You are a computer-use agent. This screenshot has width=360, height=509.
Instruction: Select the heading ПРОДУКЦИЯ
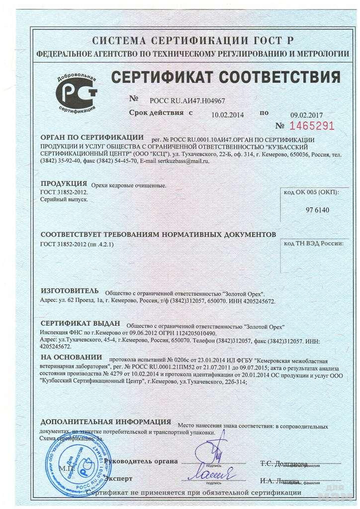64,183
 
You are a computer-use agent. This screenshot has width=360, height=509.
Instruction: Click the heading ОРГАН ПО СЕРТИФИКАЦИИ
91,137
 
